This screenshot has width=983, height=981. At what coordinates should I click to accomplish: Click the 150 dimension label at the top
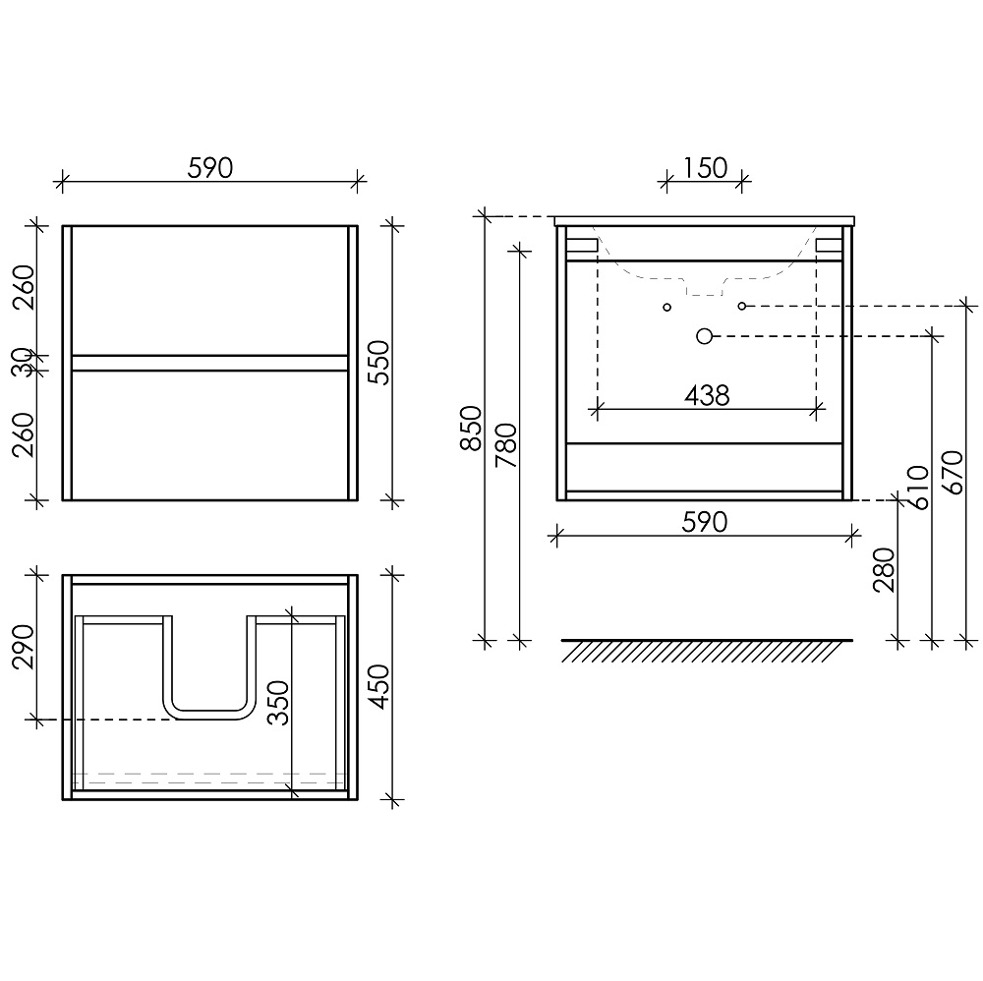(x=705, y=168)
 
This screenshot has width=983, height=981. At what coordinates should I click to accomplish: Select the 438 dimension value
(x=707, y=395)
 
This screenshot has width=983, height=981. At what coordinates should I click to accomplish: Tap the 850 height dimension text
(x=471, y=429)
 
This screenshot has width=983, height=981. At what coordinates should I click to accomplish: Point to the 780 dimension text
(x=506, y=445)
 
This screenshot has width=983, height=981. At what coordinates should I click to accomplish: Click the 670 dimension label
(x=953, y=472)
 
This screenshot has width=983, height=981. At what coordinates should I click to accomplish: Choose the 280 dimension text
(x=884, y=570)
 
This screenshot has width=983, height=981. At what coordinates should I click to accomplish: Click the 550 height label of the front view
(x=379, y=363)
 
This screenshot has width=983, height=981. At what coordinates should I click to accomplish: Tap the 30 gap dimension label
(x=24, y=363)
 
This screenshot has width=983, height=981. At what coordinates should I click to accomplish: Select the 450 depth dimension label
(x=379, y=687)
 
